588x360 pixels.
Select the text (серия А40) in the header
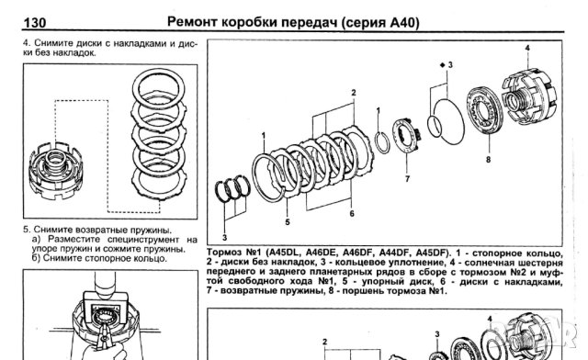[x=375, y=22]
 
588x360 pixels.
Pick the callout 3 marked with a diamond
[x=447, y=65]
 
